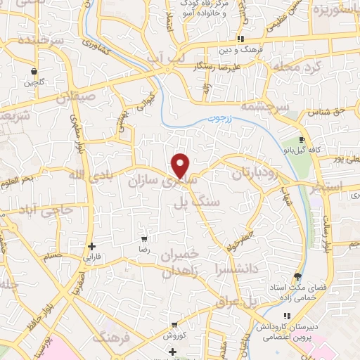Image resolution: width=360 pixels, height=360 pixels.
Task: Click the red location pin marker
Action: pos(181,165)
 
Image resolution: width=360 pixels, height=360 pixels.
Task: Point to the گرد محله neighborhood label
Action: pos(288,67)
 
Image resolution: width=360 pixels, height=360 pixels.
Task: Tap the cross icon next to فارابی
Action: pos(91,246)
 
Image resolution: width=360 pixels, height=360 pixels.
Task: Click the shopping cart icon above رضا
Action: pos(145,240)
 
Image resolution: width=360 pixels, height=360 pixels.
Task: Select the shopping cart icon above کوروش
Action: pos(173,325)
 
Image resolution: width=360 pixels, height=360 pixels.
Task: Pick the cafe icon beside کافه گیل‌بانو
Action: pos(302,139)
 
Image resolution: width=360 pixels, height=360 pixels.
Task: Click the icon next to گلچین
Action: pos(34,71)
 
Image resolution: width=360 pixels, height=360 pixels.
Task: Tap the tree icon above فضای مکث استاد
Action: pos(297,276)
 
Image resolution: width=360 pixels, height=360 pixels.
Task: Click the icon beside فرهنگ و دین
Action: pos(241,39)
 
